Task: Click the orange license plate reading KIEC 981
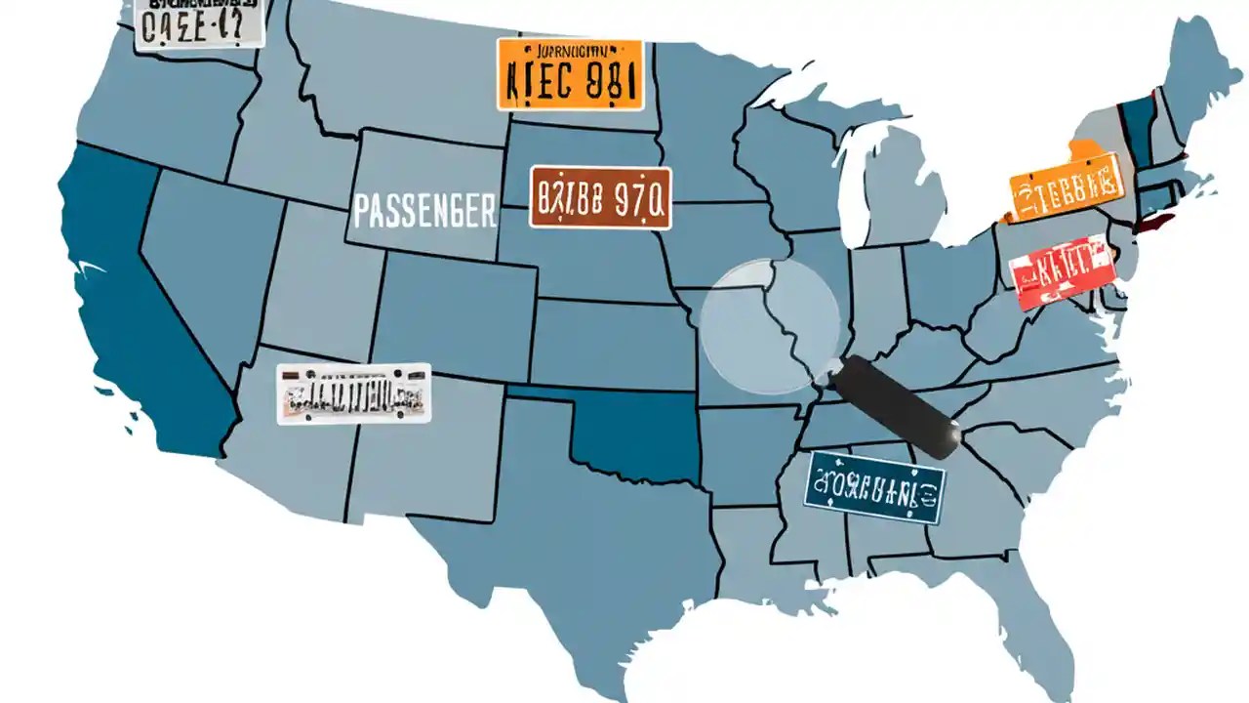570,74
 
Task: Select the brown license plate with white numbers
600,197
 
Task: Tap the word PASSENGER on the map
423,211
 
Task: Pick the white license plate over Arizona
353,393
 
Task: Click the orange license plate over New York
1065,186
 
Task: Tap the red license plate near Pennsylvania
1062,270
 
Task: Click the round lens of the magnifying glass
770,326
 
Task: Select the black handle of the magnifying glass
897,405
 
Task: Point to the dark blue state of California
137,312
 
